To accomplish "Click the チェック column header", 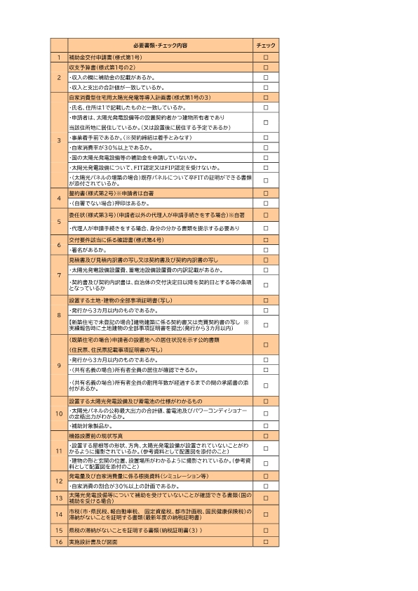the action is pyautogui.click(x=266, y=44).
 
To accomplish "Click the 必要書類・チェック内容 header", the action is pyautogui.click(x=159, y=44).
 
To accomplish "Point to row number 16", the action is pyautogui.click(x=59, y=543).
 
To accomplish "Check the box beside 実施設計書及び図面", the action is pyautogui.click(x=266, y=543).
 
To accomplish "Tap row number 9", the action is pyautogui.click(x=59, y=365).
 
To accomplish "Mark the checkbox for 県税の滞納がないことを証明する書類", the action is pyautogui.click(x=266, y=531).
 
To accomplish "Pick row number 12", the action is pyautogui.click(x=59, y=481).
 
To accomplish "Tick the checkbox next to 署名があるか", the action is pyautogui.click(x=266, y=249).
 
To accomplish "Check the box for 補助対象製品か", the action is pyautogui.click(x=266, y=426).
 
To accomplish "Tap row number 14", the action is pyautogui.click(x=59, y=514).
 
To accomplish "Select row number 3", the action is pyautogui.click(x=59, y=140).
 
